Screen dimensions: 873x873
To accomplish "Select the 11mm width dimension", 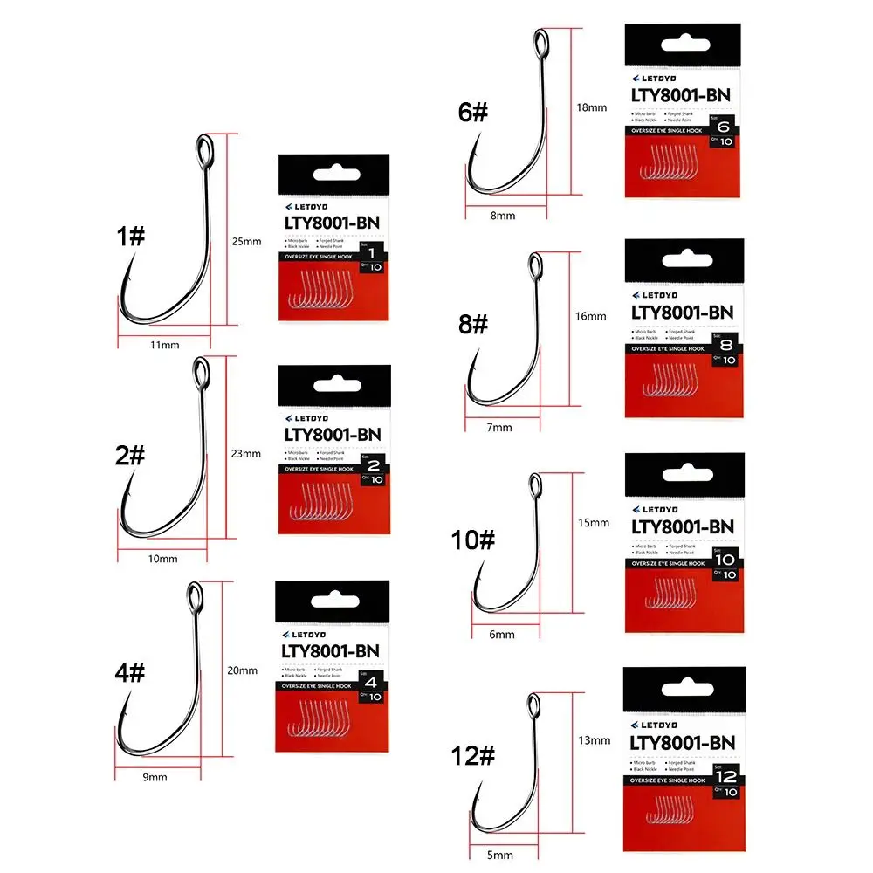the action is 164,345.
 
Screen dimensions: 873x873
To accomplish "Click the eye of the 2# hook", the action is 201,374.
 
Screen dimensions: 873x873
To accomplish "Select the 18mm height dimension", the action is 592,107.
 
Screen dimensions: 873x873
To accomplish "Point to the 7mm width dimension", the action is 501,428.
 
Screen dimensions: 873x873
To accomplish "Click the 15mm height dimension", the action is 594,523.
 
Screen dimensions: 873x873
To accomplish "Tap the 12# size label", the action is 474,756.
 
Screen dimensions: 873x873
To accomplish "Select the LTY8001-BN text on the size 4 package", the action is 330,650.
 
